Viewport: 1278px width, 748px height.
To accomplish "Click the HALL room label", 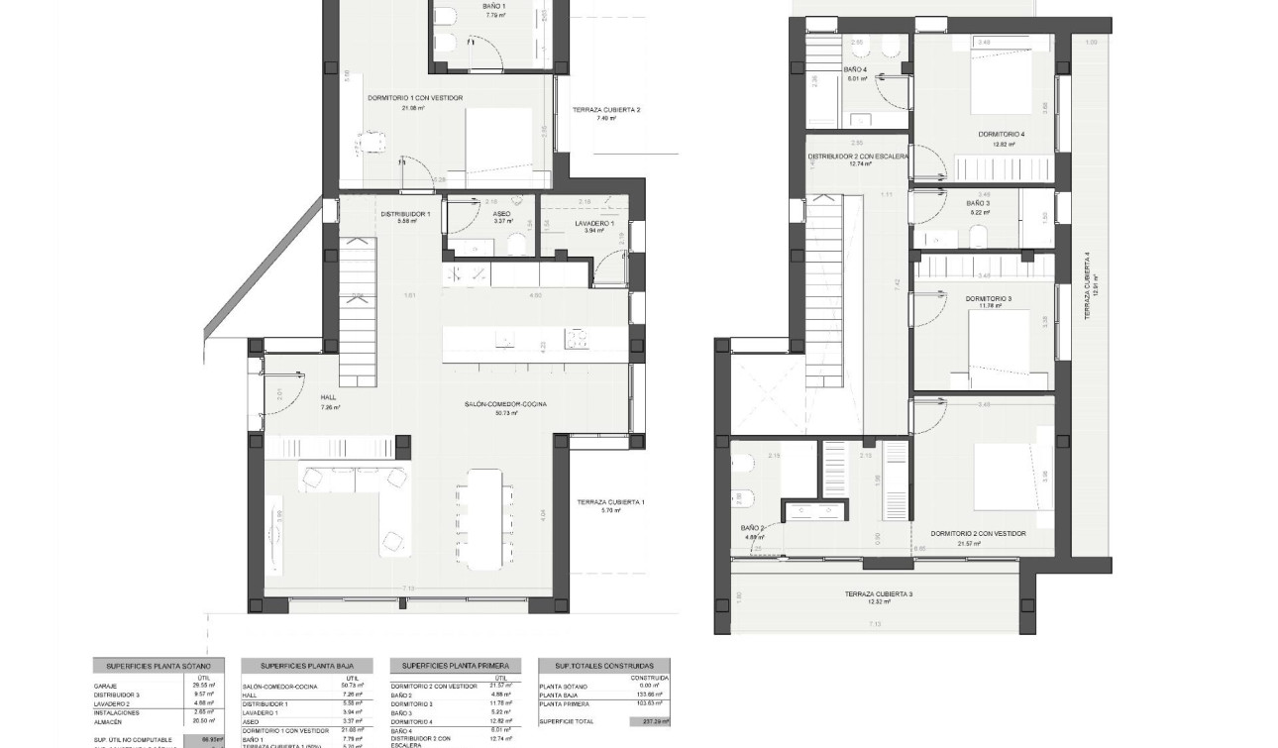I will click(329, 397).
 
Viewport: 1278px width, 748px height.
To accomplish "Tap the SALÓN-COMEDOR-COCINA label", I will click(506, 404).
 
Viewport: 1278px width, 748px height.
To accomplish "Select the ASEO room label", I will click(502, 214).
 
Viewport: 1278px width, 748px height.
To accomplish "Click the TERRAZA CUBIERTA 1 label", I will click(610, 502).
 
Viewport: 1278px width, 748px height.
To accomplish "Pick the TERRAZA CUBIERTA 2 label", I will click(606, 110).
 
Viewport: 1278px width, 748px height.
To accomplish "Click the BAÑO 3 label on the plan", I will click(978, 203).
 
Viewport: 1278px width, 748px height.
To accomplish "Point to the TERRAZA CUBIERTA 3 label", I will click(879, 594).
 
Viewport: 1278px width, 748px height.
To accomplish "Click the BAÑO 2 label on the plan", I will click(752, 528).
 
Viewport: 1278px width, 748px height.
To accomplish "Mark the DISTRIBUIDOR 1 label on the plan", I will click(405, 214).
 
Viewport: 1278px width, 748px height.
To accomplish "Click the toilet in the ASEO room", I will click(515, 244).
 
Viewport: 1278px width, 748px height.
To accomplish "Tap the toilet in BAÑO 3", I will click(979, 235).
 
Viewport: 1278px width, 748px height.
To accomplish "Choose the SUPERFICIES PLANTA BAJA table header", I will click(307, 667).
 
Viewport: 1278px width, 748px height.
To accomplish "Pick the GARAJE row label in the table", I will click(106, 686).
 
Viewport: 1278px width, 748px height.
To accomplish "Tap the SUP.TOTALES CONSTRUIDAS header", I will click(603, 667).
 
